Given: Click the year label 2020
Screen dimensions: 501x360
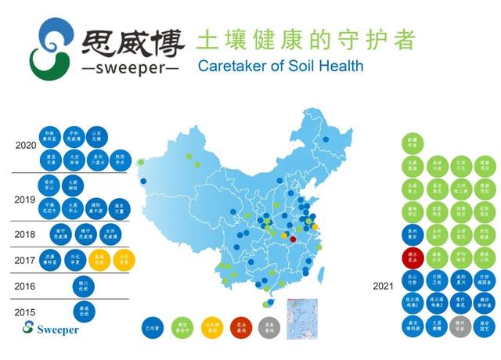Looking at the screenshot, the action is pos(26,146).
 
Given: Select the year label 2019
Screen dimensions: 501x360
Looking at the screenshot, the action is pos(25,200).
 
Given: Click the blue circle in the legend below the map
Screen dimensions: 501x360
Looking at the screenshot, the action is pos(153,326).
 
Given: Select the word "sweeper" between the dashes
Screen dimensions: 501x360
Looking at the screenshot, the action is pos(130,67).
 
